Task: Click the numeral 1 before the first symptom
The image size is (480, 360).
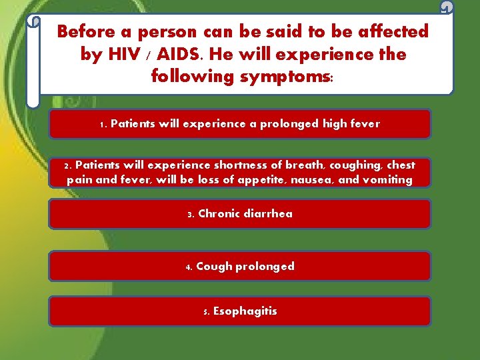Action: tap(102, 124)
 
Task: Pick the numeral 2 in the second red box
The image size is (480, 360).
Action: tap(67, 165)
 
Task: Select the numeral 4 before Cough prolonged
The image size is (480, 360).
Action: tap(189, 267)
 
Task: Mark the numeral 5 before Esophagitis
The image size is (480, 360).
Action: tap(206, 311)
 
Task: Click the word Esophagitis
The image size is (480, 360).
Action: tap(245, 311)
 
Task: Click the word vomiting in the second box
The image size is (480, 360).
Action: tap(389, 180)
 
